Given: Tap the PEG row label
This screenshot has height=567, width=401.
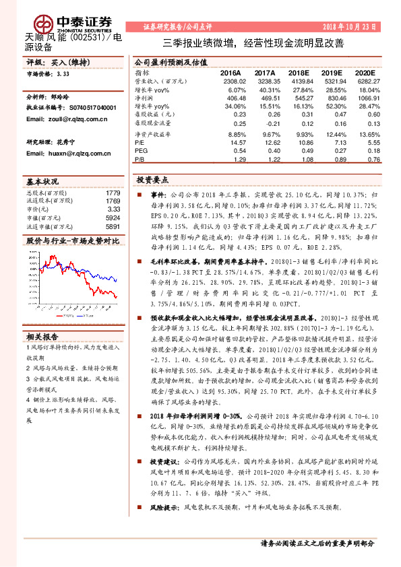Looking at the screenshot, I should (140, 151).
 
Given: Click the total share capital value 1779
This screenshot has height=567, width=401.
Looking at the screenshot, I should (113, 193).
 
